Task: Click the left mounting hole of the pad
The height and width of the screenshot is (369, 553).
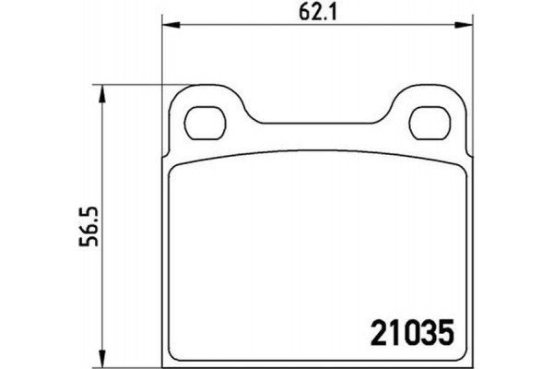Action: (x=206, y=120)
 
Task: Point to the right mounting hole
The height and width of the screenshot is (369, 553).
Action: (x=426, y=120)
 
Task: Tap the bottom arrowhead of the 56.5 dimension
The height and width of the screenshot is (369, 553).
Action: (x=101, y=359)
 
